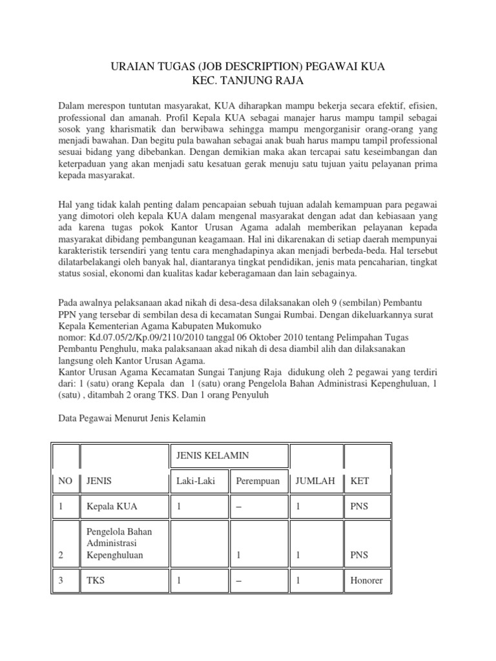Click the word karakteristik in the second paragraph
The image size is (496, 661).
coord(86,251)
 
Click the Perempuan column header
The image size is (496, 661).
coord(257,481)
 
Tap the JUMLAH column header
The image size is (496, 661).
coord(314,481)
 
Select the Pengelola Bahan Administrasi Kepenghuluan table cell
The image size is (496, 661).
coord(119,543)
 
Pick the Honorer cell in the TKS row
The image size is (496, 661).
coord(366,580)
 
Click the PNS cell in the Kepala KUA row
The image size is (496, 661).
coord(359,506)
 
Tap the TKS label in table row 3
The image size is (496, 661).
coord(96,580)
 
